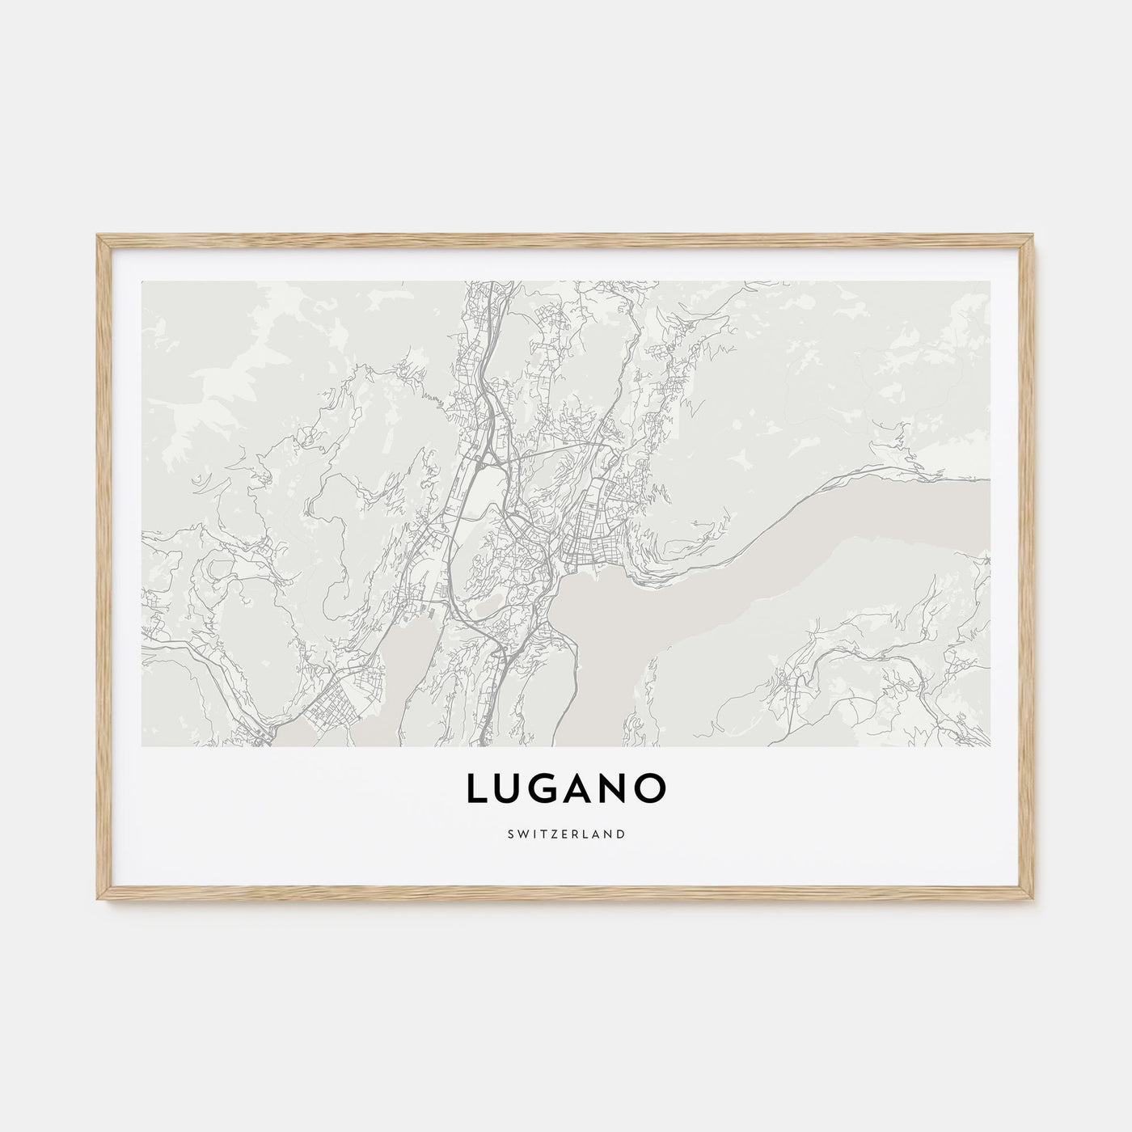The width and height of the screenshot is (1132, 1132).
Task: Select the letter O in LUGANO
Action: pyautogui.click(x=653, y=789)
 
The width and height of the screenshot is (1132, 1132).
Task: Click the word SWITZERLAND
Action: pyautogui.click(x=566, y=833)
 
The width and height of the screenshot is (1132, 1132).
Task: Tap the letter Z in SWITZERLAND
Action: pyautogui.click(x=552, y=833)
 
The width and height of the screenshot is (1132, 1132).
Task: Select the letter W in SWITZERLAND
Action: pyautogui.click(x=522, y=833)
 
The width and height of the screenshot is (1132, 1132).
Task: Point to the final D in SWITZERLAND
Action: pyautogui.click(x=621, y=833)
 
